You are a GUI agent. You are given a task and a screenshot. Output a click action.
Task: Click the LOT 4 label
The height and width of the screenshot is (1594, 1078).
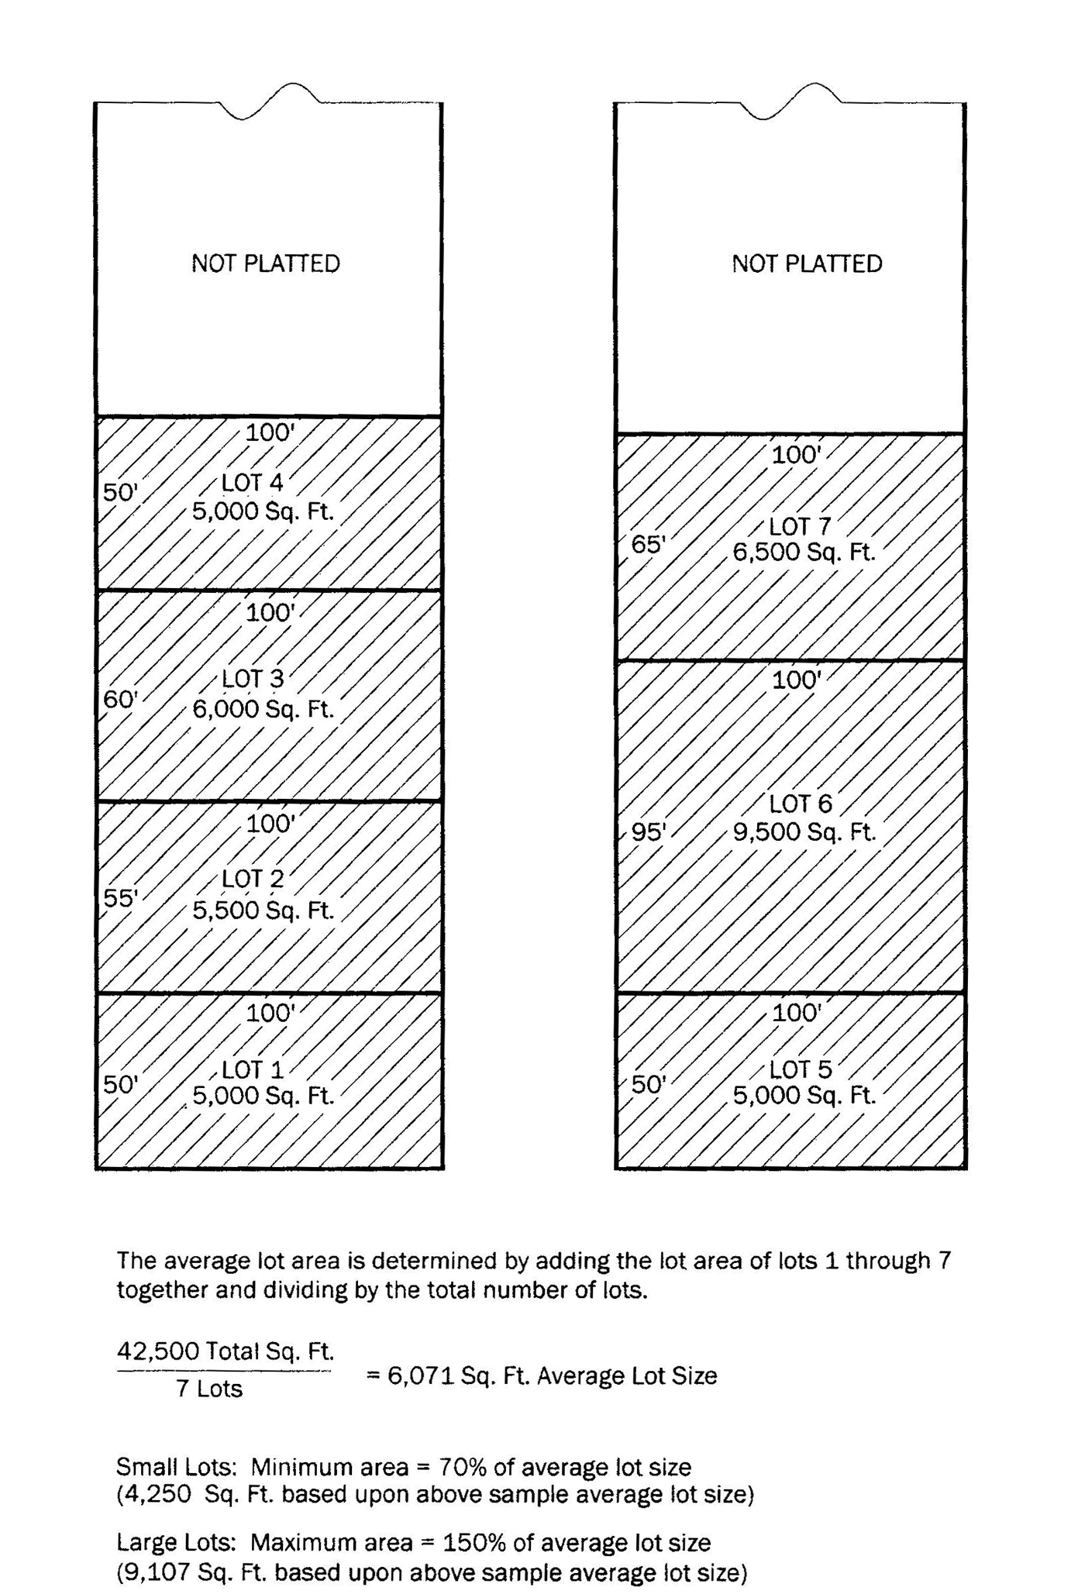click(x=253, y=483)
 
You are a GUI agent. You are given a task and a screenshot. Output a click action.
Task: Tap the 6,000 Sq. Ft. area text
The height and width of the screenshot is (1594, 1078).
click(x=263, y=709)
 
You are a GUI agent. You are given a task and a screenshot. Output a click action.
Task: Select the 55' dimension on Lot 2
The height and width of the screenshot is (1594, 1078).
click(x=121, y=898)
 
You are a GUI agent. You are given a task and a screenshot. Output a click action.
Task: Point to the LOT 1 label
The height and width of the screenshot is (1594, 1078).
click(x=253, y=1070)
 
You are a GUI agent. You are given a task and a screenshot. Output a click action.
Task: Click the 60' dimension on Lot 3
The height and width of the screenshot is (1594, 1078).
click(x=121, y=700)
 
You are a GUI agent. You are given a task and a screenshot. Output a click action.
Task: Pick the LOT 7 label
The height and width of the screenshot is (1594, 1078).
click(x=800, y=527)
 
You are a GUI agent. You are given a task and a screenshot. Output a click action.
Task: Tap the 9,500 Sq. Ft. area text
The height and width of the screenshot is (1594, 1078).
click(x=804, y=832)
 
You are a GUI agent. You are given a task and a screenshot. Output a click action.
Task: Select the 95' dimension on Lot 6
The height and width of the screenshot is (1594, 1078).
click(x=649, y=832)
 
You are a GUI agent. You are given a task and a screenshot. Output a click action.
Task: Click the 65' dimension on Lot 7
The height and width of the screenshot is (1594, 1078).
click(x=649, y=545)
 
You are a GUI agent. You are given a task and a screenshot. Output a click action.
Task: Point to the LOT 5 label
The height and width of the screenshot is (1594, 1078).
click(x=800, y=1070)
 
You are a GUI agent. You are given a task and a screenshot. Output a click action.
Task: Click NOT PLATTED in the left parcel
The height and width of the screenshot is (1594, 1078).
click(x=266, y=264)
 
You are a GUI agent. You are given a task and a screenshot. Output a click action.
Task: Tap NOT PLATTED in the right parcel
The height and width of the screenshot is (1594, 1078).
click(x=807, y=264)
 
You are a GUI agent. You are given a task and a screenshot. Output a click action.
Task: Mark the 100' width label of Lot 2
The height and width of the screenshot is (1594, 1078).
click(x=270, y=824)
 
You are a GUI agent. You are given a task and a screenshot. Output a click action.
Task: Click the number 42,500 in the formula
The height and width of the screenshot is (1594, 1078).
click(x=158, y=1351)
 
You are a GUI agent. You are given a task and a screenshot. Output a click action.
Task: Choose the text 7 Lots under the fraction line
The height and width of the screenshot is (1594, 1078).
click(x=209, y=1389)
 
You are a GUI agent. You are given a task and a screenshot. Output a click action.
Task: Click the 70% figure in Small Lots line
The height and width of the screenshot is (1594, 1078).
click(x=460, y=1467)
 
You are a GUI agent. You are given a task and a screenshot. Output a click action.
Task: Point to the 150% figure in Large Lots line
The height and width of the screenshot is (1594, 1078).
click(x=473, y=1543)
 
